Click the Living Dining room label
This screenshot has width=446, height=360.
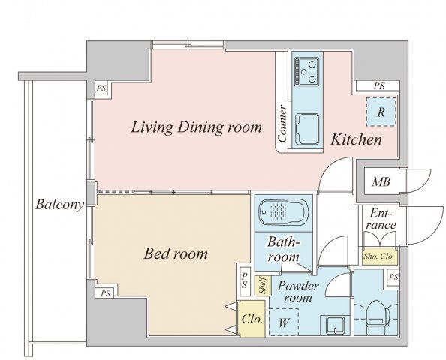[x=196, y=127]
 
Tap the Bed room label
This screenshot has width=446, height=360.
[x=176, y=253]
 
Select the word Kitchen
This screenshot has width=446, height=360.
[x=356, y=139]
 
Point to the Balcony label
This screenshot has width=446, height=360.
[x=60, y=205]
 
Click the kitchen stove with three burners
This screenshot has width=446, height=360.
[x=306, y=70]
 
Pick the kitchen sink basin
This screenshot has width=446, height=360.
[x=307, y=129]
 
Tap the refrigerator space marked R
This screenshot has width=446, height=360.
[x=381, y=112]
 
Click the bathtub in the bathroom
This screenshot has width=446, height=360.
[x=284, y=212]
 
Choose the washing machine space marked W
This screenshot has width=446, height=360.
[x=284, y=322]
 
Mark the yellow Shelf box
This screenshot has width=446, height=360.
[x=263, y=286]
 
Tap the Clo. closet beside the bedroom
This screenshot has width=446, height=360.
[x=252, y=319]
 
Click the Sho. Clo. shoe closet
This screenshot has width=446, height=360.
[x=379, y=256]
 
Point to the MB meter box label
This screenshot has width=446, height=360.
[x=381, y=181]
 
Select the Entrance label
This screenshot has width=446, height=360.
[x=381, y=219]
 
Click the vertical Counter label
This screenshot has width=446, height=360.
[x=283, y=124]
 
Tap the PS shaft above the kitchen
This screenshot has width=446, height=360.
[x=379, y=85]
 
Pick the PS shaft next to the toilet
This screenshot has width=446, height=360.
[x=393, y=277]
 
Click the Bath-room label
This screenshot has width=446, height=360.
[x=284, y=249]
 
